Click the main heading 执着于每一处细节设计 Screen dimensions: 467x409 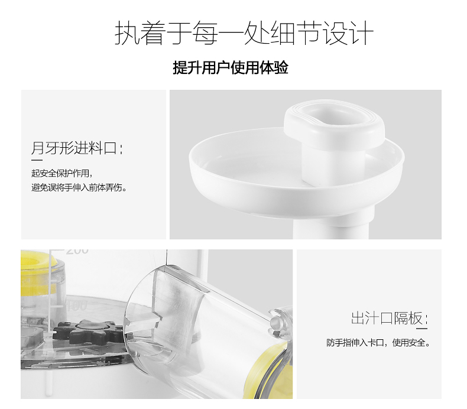point(244,33)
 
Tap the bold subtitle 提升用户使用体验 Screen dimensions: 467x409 point(231,67)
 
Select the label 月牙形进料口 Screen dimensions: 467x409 point(77,148)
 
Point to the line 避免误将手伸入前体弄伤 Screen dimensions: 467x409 point(79,188)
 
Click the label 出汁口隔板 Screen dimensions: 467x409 point(390,318)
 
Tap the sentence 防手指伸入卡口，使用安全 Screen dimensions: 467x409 point(378,343)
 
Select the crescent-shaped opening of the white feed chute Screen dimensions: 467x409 point(333,115)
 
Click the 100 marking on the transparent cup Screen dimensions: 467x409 point(76,306)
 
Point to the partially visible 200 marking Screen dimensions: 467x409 point(77,251)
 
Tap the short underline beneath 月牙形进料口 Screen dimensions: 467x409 point(37,160)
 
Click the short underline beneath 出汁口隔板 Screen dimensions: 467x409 point(421,329)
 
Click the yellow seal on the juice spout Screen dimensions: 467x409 point(268,369)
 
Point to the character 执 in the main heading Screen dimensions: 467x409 point(127,33)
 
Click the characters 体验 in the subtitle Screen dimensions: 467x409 point(274,67)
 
